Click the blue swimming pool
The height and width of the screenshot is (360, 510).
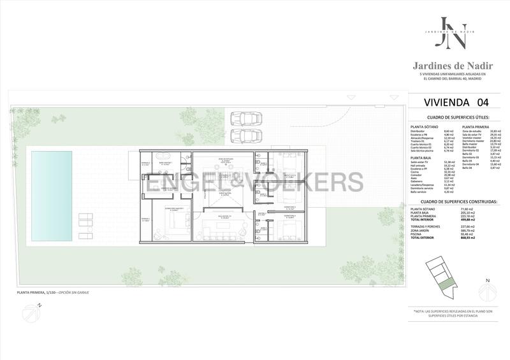(x=51, y=195)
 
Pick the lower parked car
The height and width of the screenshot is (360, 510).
(x=242, y=136)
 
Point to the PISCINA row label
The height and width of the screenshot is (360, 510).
(x=418, y=234)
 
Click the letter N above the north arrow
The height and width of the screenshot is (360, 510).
(x=486, y=280)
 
